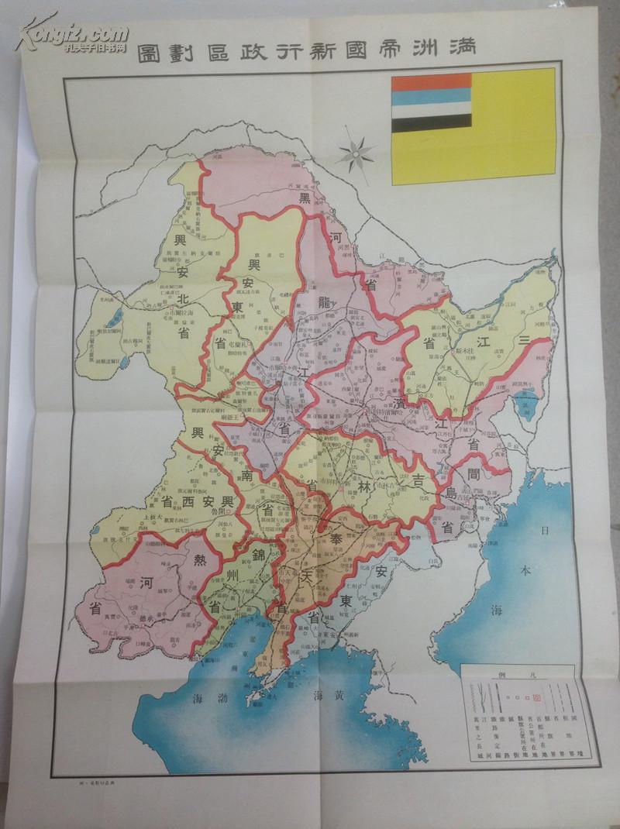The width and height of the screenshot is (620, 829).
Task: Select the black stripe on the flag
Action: [431, 121]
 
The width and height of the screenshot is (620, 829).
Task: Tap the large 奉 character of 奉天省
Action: [335, 537]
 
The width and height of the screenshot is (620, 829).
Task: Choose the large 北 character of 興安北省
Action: [177, 300]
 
